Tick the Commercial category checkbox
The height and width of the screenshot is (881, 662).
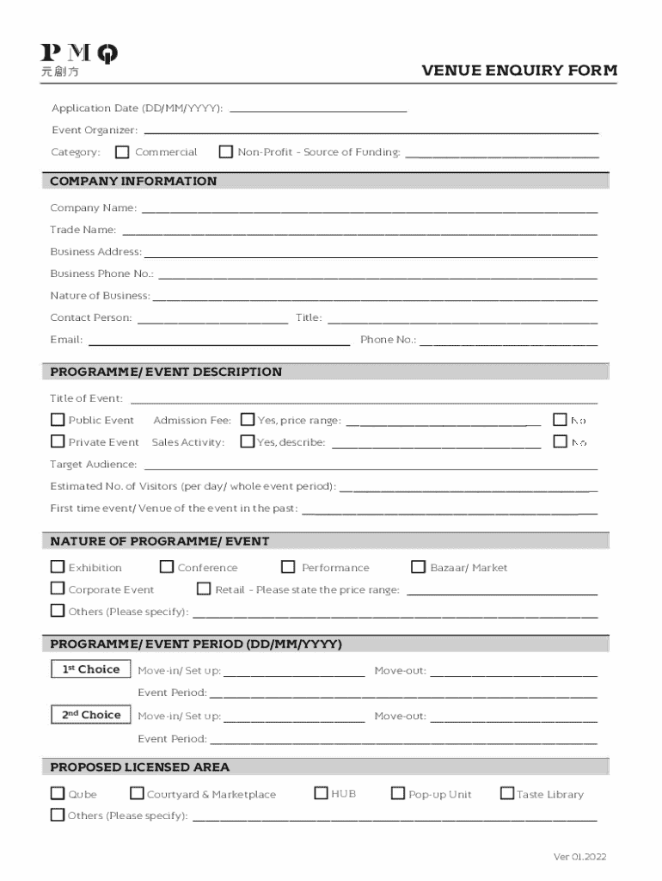click(x=122, y=152)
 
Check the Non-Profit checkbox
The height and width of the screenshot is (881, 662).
click(x=225, y=152)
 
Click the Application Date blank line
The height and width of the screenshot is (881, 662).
click(x=318, y=109)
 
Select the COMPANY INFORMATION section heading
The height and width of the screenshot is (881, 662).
click(x=133, y=182)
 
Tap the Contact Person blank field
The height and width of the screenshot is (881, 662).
click(x=212, y=319)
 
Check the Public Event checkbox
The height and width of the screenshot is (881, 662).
click(x=58, y=420)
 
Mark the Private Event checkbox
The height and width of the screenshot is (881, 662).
click(x=58, y=441)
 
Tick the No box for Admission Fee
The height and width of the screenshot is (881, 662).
click(x=560, y=420)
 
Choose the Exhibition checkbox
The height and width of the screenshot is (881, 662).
click(x=58, y=567)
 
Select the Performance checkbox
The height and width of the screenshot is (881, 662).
click(x=288, y=567)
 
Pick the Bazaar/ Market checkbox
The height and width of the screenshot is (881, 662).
click(x=418, y=567)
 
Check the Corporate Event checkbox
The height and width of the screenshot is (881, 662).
click(x=58, y=588)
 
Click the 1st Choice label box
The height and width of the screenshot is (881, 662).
click(x=90, y=669)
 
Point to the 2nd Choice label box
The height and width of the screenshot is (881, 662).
click(x=90, y=715)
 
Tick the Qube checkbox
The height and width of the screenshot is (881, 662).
click(x=58, y=793)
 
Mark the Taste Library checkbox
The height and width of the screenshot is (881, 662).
click(x=506, y=793)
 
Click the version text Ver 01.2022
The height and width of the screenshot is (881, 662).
click(x=579, y=857)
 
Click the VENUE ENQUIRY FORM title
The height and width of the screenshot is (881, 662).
click(x=519, y=71)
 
